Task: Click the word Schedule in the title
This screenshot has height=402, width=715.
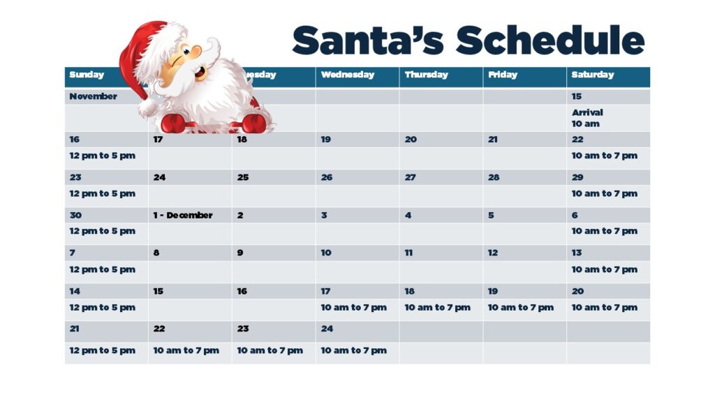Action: point(550,40)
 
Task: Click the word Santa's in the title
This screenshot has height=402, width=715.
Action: point(367,40)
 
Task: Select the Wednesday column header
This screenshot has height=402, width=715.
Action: point(348,75)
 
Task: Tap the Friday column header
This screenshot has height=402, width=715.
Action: point(503,75)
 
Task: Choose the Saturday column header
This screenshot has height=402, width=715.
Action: point(593,75)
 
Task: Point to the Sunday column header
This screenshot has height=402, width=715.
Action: point(87,75)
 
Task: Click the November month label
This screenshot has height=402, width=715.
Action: point(93,96)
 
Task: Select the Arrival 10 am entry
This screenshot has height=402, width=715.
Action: point(587,118)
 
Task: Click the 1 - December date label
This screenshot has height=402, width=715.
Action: point(183,215)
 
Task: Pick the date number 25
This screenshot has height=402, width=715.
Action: point(243,177)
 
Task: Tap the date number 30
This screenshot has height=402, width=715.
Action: point(75,215)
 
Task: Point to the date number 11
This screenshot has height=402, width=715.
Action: point(408,253)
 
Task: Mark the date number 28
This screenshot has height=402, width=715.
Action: point(494,177)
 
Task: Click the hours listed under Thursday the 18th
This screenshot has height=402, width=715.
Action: point(437,308)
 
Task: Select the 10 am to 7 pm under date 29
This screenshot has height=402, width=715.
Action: point(605,194)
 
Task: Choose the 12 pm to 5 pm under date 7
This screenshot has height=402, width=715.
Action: point(102,270)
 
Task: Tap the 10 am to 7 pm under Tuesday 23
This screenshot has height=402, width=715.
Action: point(270,350)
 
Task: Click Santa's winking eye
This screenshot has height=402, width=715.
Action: point(175,61)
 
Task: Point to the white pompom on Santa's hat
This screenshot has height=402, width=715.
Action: point(148,108)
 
